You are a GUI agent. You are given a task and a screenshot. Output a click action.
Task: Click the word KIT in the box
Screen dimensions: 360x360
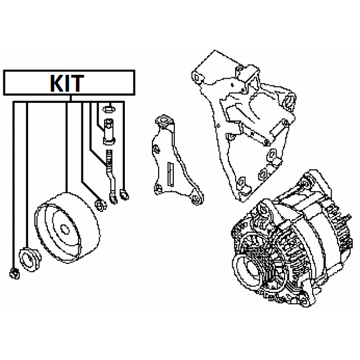click(67, 83)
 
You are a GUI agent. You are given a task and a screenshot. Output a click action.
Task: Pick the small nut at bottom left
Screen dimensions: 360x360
click(15, 274)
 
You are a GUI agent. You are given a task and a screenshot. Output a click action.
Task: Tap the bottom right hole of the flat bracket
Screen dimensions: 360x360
click(196, 200)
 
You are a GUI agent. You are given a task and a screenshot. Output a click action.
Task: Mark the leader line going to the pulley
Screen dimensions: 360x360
click(67, 146)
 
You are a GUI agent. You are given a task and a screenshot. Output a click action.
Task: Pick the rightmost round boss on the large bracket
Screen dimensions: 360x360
click(291, 102)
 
